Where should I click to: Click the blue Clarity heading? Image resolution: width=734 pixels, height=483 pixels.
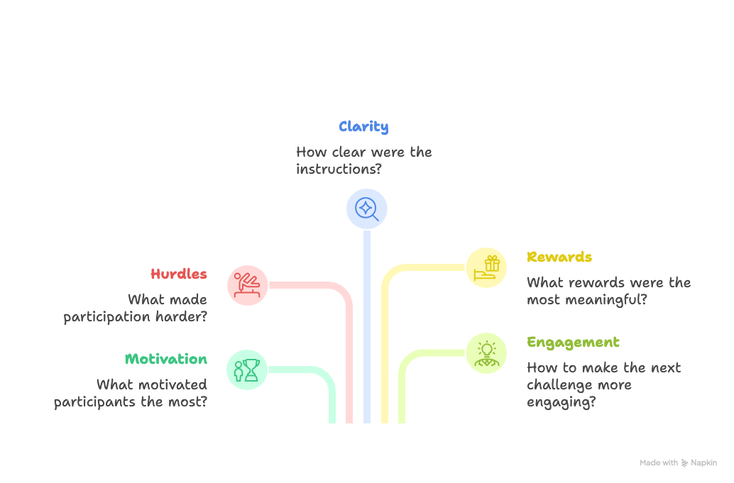tap(363, 127)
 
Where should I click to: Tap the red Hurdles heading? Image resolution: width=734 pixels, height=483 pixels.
tap(179, 274)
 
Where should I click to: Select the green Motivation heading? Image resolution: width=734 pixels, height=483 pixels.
tap(166, 359)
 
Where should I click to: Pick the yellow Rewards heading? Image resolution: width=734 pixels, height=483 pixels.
tap(559, 257)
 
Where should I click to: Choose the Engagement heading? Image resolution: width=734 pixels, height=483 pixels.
tap(573, 343)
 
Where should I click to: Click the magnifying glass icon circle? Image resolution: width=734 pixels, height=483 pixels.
tap(366, 209)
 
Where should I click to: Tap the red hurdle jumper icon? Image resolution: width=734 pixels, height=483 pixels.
tap(247, 285)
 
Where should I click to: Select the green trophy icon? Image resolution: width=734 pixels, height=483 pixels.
tap(247, 370)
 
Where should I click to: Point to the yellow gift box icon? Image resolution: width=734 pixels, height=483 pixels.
tap(487, 267)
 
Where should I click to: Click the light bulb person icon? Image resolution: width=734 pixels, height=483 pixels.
tap(487, 352)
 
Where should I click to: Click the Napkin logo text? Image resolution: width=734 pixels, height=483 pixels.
tap(703, 463)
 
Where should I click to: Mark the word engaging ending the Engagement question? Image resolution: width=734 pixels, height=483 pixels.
tap(561, 402)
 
